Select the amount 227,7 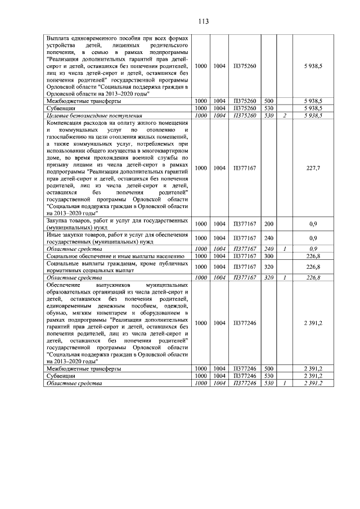click(x=314, y=168)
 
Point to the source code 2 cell click(x=286, y=115)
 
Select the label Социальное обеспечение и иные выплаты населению click(x=112, y=256)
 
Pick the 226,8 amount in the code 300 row click(x=314, y=256)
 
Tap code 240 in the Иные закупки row click(x=268, y=237)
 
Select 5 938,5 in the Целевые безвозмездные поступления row click(x=313, y=115)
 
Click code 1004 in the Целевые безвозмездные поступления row click(x=219, y=115)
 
